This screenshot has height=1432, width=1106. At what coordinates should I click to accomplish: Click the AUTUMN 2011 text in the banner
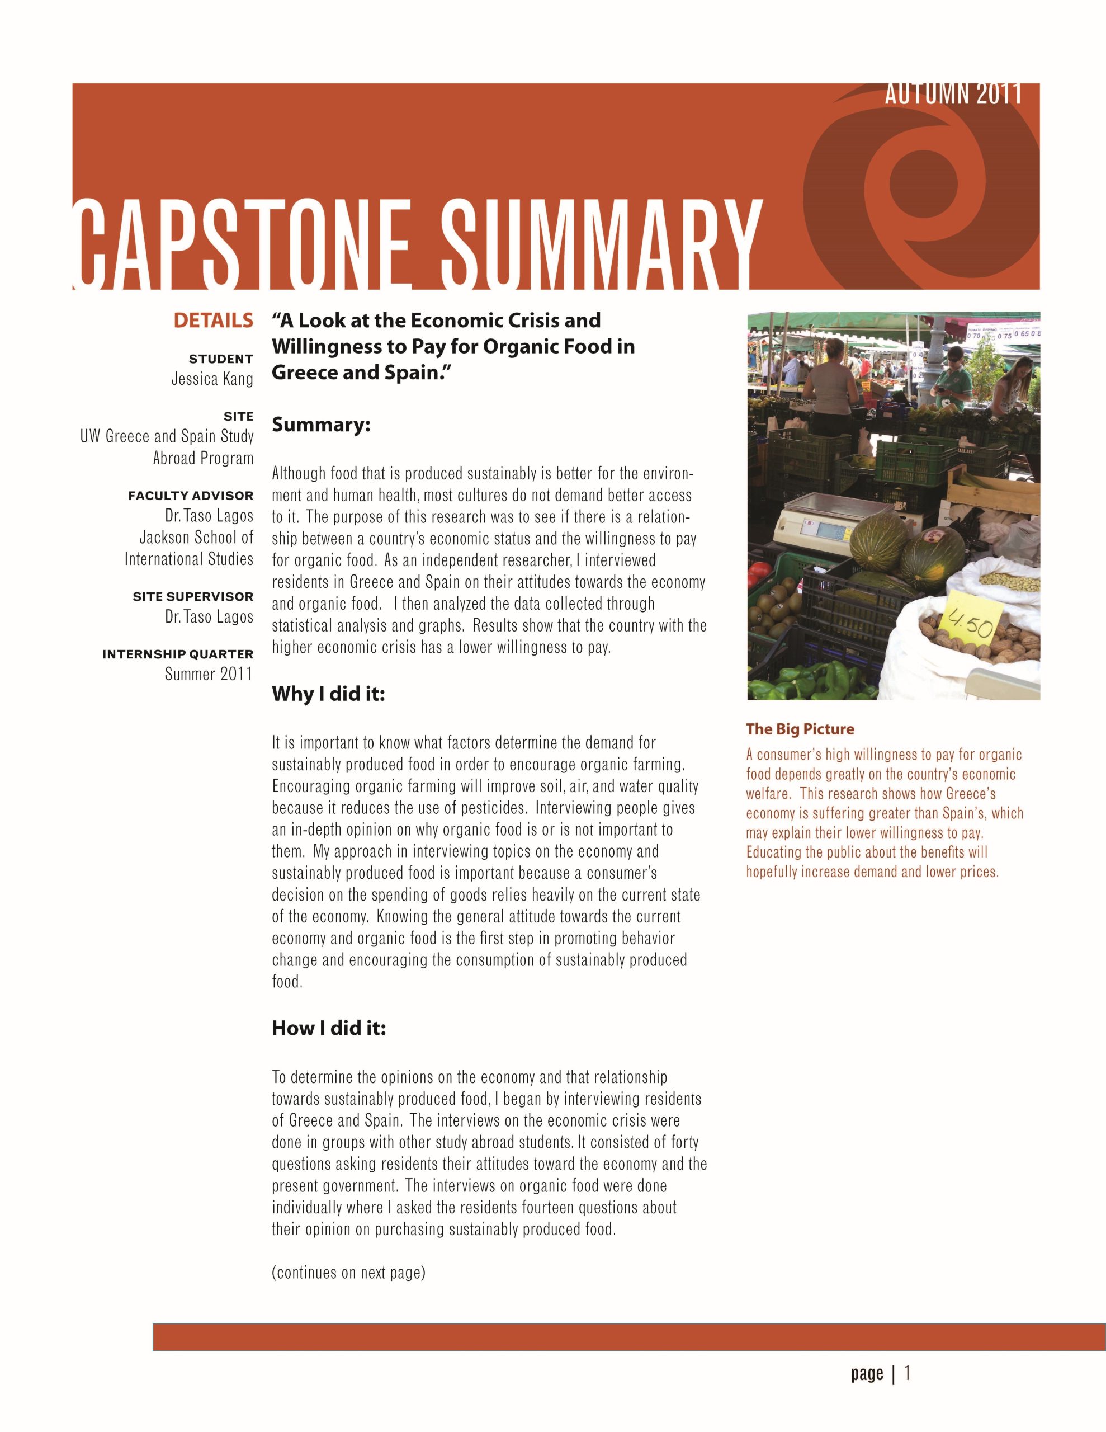[953, 95]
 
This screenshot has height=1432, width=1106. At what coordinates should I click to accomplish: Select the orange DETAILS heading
[213, 321]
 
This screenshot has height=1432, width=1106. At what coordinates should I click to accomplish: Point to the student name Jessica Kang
[212, 379]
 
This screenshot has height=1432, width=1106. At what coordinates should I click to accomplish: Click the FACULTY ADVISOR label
[191, 496]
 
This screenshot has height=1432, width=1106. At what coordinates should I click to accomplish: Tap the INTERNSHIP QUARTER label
[178, 654]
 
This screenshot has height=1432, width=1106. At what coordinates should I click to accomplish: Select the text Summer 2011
[209, 674]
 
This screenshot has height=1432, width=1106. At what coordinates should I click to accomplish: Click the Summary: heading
[322, 425]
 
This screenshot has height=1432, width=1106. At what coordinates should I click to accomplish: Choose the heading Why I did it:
[328, 694]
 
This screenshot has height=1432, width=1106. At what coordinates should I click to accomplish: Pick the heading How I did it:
[328, 1028]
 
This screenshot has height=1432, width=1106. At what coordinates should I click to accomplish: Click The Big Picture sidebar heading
[800, 729]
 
